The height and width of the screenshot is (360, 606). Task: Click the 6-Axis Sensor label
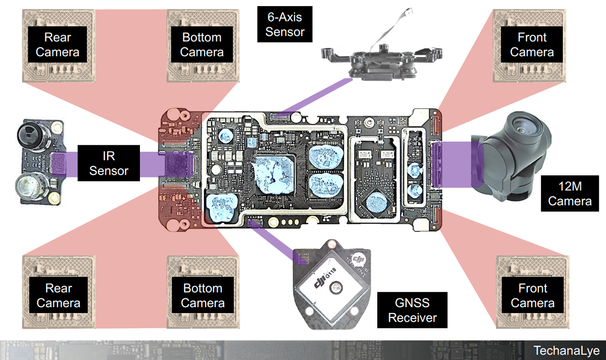(285, 24)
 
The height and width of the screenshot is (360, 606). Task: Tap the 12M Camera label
(570, 194)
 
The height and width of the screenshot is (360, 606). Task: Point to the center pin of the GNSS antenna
(334, 289)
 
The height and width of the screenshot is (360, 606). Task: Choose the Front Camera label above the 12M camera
(532, 44)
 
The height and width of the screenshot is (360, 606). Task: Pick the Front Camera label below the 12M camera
(532, 296)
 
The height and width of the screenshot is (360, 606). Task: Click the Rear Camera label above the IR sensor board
(58, 44)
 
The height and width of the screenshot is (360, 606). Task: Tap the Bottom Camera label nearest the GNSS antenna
(201, 296)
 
